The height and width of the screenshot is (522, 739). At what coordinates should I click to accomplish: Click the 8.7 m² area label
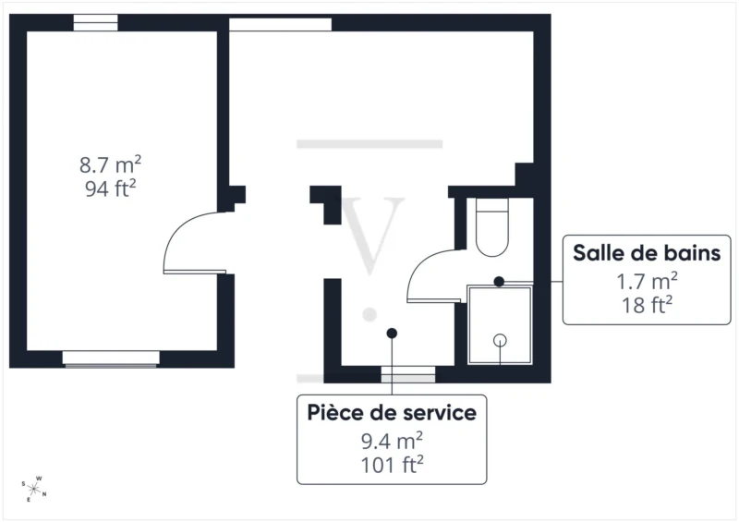(110, 165)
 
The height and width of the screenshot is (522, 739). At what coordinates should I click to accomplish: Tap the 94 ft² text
(110, 188)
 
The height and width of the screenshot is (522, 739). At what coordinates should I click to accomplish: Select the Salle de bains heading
(647, 253)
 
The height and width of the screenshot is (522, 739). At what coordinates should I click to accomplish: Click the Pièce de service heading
(392, 413)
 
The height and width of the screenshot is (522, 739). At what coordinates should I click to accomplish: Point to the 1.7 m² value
(647, 282)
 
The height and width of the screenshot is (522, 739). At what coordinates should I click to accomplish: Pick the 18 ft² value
(647, 305)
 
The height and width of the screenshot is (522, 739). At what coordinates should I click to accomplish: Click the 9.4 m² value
(392, 442)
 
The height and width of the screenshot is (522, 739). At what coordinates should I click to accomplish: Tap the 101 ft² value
(392, 465)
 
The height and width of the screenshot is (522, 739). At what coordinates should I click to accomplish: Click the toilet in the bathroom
(492, 227)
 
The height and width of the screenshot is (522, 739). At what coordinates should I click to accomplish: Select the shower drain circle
(500, 340)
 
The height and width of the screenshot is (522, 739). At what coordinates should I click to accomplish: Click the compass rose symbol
(34, 490)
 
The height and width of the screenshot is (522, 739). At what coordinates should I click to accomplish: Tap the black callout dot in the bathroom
(499, 282)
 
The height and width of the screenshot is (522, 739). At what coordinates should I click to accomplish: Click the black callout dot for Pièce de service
(392, 334)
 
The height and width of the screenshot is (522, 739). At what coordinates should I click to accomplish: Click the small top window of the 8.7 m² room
(96, 22)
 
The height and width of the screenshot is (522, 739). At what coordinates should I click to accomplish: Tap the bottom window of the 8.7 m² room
(111, 358)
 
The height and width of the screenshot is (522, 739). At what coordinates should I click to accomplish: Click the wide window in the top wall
(281, 25)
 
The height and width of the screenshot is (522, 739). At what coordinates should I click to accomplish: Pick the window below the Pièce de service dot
(408, 374)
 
